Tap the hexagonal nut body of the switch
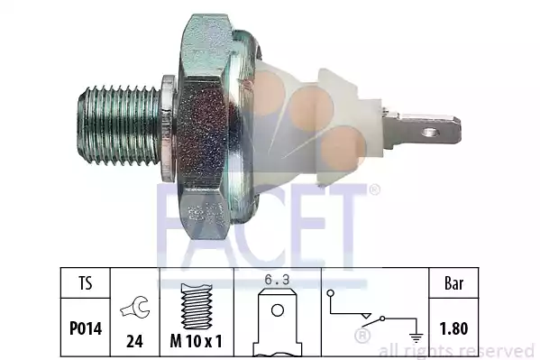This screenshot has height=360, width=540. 202,126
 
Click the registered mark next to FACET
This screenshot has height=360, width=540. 373,190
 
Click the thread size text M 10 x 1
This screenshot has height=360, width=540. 197,341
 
